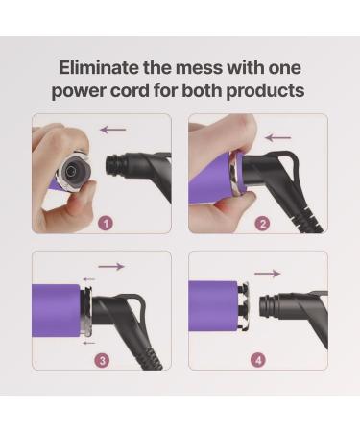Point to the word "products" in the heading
[x=268, y=90]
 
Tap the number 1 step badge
[x=106, y=222]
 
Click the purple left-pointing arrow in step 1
[x=113, y=129]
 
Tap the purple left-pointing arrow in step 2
[x=277, y=137]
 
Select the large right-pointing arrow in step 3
[x=111, y=266]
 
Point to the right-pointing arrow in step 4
[x=268, y=274]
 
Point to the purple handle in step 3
[x=56, y=309]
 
